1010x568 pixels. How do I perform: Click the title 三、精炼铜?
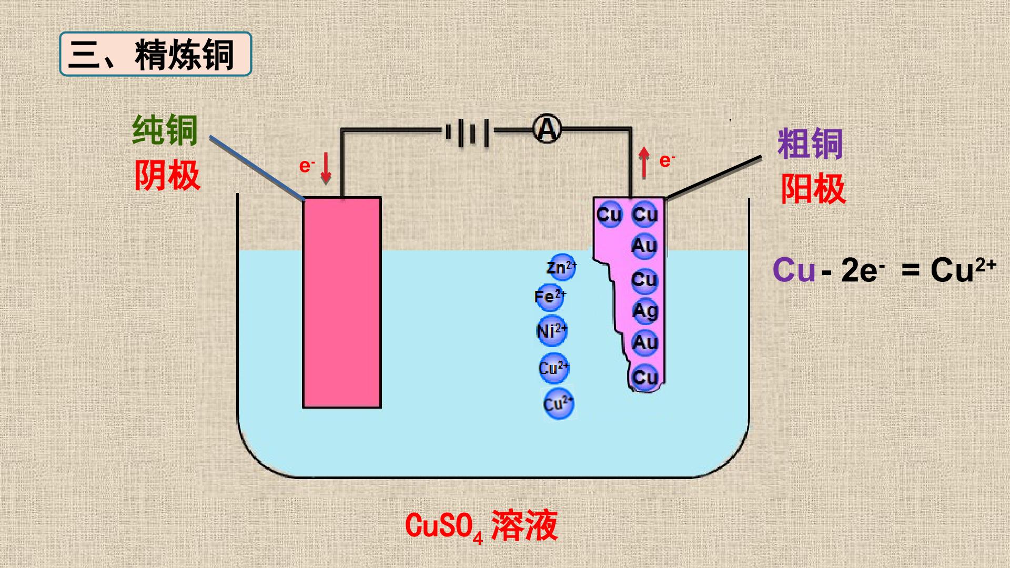pyautogui.click(x=156, y=54)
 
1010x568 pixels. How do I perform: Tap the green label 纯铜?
pyautogui.click(x=165, y=130)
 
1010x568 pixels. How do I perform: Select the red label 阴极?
pyautogui.click(x=167, y=175)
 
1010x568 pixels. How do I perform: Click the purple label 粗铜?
pyautogui.click(x=810, y=144)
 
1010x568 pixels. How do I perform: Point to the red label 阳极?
pyautogui.click(x=813, y=188)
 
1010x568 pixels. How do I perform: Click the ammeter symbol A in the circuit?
pyautogui.click(x=547, y=129)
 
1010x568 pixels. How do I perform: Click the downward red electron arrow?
pyautogui.click(x=326, y=168)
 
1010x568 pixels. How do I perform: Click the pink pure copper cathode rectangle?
pyautogui.click(x=342, y=302)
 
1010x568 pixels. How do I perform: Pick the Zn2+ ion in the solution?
pyautogui.click(x=561, y=268)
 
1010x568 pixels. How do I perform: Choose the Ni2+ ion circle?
pyautogui.click(x=552, y=331)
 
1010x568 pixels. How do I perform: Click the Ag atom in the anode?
pyautogui.click(x=645, y=311)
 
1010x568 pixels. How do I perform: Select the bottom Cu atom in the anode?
pyautogui.click(x=645, y=377)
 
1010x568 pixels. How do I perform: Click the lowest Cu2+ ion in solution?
pyautogui.click(x=558, y=404)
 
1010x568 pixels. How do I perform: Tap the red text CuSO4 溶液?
pyautogui.click(x=481, y=526)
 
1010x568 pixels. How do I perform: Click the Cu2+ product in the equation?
pyautogui.click(x=963, y=270)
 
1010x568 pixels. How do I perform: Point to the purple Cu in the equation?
pyautogui.click(x=794, y=270)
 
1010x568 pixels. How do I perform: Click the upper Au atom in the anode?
pyautogui.click(x=644, y=246)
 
